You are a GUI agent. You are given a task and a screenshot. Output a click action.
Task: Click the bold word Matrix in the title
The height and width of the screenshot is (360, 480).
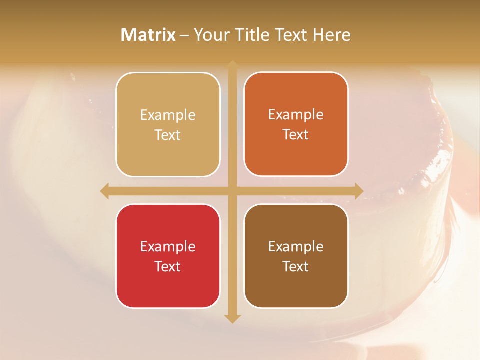(x=148, y=35)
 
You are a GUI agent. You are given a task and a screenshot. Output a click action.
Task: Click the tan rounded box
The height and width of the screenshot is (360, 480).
(x=168, y=124)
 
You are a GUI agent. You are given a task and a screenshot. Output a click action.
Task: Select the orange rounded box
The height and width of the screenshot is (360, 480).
(x=296, y=124)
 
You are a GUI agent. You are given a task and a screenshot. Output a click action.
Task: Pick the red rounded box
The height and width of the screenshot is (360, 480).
(x=168, y=256)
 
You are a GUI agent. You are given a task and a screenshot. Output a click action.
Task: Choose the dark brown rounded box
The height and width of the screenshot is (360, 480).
(x=296, y=256)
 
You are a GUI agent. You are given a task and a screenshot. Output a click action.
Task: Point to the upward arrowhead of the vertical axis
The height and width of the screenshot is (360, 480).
(x=232, y=64)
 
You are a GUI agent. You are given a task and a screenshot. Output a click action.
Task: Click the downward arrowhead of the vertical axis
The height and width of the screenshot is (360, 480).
(x=232, y=318)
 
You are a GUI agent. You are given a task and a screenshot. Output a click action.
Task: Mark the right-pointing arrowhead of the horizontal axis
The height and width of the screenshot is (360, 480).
(x=359, y=191)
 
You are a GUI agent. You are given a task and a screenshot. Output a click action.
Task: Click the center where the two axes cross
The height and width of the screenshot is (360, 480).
(x=232, y=191)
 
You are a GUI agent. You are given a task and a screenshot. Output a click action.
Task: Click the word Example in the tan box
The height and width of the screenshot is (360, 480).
(x=168, y=115)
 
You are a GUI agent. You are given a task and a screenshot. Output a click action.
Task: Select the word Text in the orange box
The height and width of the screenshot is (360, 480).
(x=296, y=135)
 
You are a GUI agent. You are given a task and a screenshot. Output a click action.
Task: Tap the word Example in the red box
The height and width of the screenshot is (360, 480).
(x=168, y=246)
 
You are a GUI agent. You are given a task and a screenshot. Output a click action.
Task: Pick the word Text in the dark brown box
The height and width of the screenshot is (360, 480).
(x=296, y=266)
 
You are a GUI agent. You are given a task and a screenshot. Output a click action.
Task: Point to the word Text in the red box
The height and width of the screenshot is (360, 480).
(x=168, y=266)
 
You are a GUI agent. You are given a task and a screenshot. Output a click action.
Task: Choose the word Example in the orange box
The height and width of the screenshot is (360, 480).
(x=296, y=115)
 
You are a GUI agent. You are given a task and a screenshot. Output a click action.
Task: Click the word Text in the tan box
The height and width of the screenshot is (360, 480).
(x=168, y=135)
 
